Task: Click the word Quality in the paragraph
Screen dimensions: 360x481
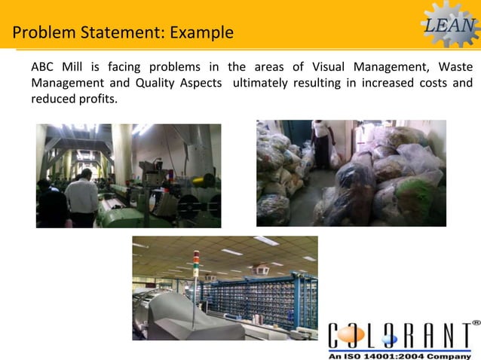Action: coord(156,82)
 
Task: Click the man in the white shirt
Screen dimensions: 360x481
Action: coord(81,197)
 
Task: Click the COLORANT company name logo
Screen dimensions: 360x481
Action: coord(400,334)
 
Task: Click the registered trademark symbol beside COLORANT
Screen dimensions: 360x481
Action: coord(476,322)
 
